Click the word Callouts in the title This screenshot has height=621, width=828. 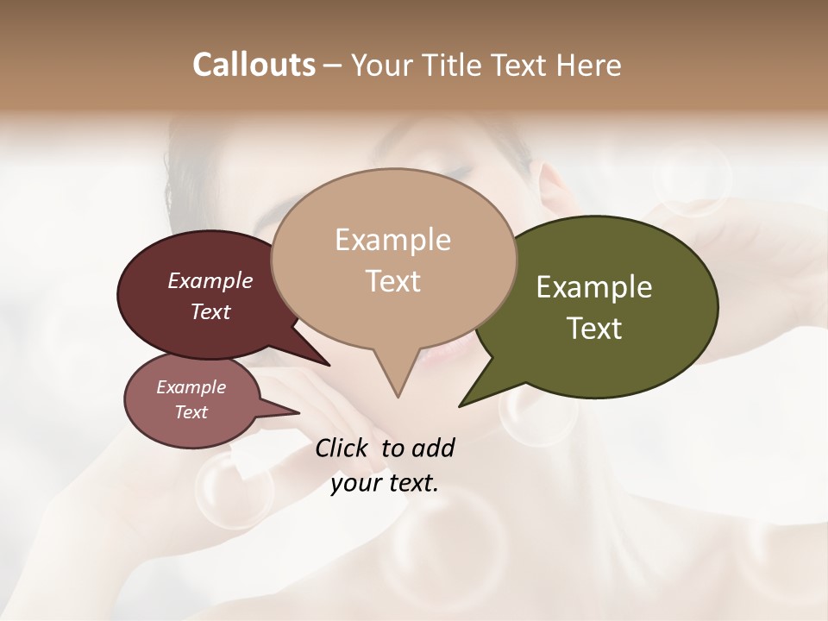coord(254,66)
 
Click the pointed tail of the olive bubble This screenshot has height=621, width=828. coord(463,404)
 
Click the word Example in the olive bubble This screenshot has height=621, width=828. coord(593,288)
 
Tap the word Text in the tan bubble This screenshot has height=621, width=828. coord(393,281)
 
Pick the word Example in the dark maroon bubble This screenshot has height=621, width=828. coord(210,280)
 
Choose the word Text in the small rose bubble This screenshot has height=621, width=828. coord(191,412)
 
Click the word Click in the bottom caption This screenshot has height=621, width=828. coord(342,448)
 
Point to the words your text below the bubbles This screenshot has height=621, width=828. coord(385,483)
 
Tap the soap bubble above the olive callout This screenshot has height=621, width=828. coord(691,178)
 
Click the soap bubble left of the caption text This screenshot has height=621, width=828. coord(223,489)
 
